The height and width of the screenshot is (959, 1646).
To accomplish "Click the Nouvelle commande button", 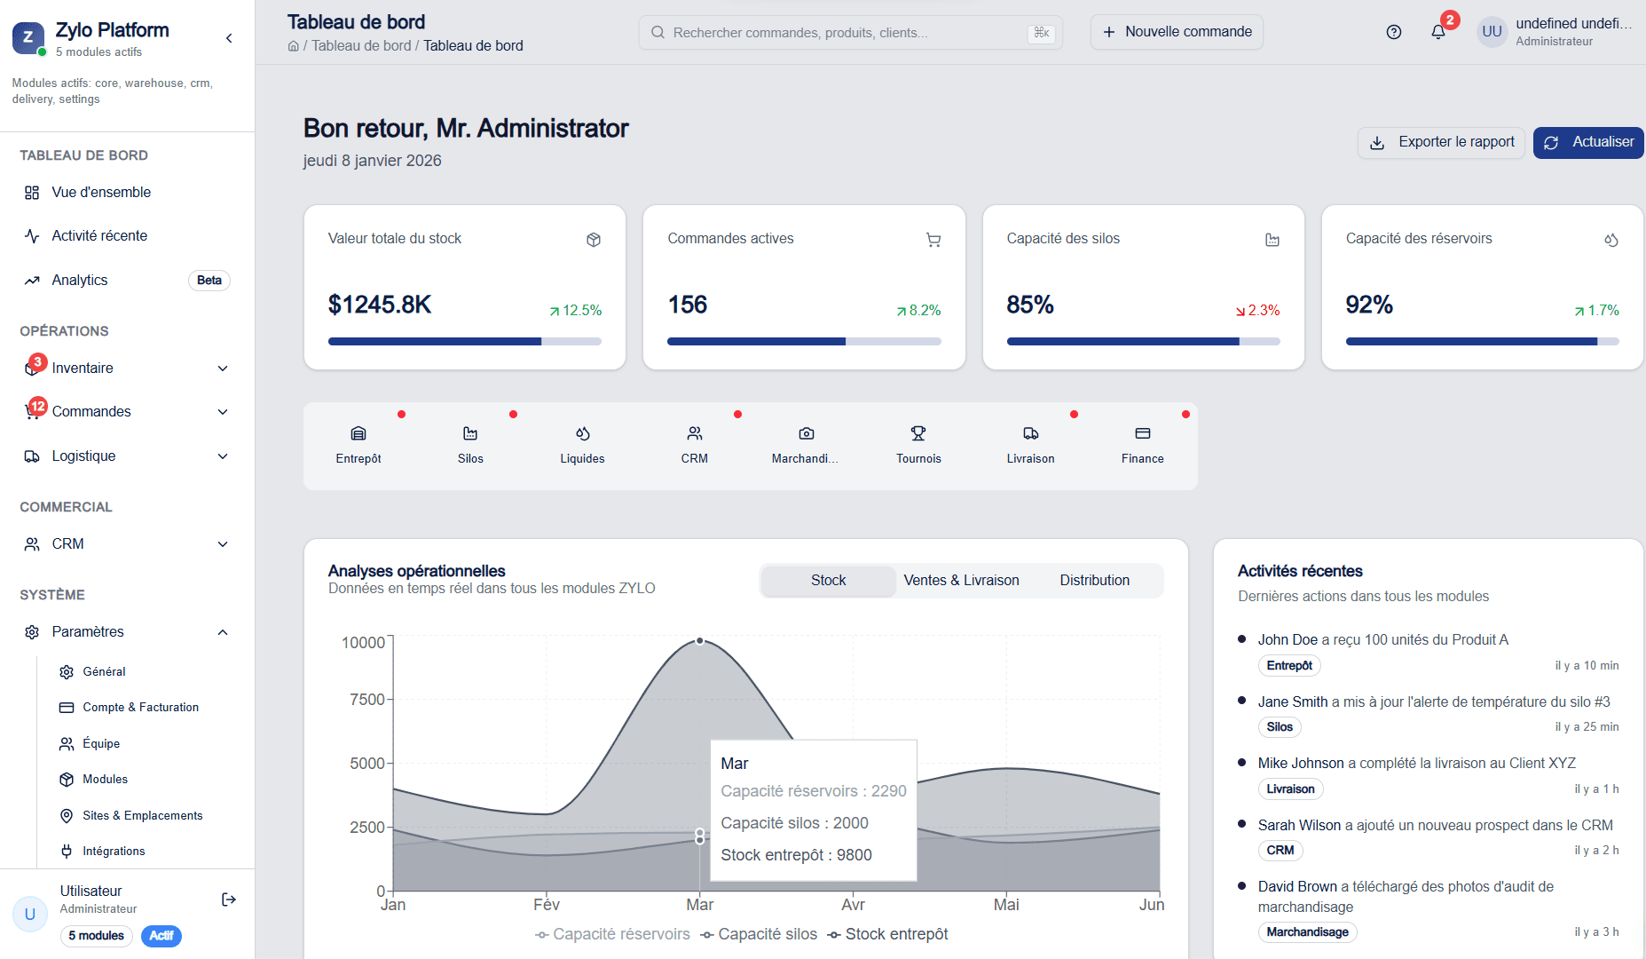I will (x=1177, y=32).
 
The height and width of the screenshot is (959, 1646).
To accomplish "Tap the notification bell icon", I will (x=1437, y=32).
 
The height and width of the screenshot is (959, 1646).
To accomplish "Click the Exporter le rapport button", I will (x=1441, y=142).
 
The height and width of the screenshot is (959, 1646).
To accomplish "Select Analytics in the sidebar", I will (x=80, y=281).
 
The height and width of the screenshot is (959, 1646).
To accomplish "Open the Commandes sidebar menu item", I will (x=91, y=412).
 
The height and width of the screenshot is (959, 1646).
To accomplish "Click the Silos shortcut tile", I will (x=470, y=444).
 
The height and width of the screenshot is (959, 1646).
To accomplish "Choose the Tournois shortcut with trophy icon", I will (x=918, y=444).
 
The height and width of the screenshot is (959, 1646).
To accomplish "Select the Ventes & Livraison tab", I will (x=961, y=581).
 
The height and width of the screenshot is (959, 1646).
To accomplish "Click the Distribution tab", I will (x=1094, y=581).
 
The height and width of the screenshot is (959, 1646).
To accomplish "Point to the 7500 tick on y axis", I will (x=366, y=700).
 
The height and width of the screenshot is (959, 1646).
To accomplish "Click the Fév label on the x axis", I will (x=547, y=905).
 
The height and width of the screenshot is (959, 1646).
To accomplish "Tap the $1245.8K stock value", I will (x=380, y=305).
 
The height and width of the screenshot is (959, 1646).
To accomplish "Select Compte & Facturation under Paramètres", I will (x=140, y=708).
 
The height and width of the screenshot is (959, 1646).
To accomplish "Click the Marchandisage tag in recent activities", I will (x=1307, y=932).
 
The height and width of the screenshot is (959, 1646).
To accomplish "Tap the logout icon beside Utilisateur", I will (x=228, y=900).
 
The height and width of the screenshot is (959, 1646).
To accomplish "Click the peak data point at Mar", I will (x=700, y=640).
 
